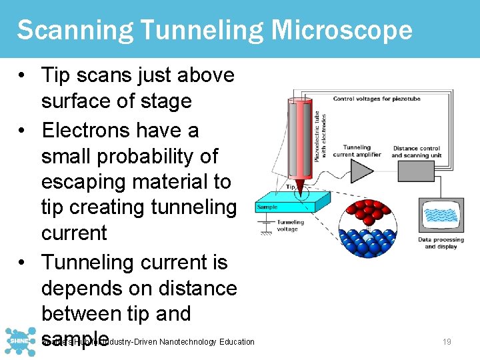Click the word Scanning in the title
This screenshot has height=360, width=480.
click(x=62, y=30)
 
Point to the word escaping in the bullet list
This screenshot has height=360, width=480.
click(x=83, y=181)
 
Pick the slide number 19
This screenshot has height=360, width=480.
click(x=447, y=342)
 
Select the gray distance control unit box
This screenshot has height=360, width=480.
click(x=415, y=171)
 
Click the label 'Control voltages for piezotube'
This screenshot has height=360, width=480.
click(x=377, y=99)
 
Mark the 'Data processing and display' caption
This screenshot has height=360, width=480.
click(x=440, y=243)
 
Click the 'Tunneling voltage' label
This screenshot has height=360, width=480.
click(x=289, y=226)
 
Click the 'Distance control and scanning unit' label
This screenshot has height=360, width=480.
click(x=417, y=152)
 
